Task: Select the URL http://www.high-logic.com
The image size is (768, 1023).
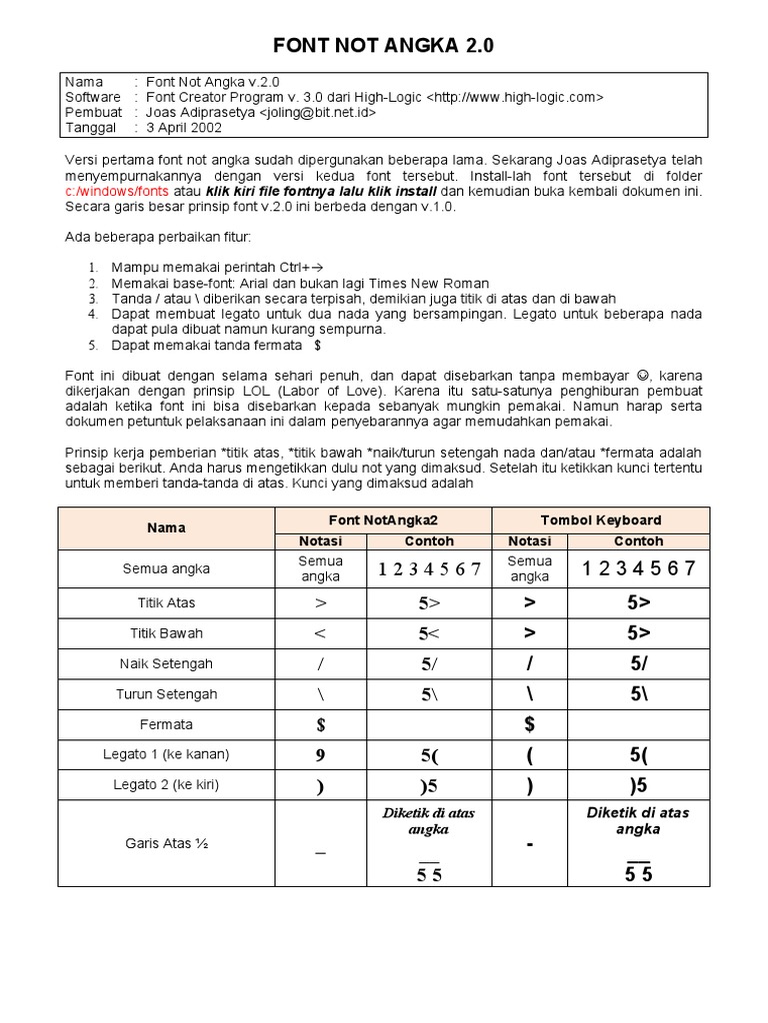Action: (x=514, y=97)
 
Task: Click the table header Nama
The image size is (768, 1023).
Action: (x=166, y=526)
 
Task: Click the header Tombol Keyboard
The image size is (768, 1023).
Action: (x=600, y=519)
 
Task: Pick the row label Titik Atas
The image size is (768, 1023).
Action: (x=166, y=602)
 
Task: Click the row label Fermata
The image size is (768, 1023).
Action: (x=166, y=723)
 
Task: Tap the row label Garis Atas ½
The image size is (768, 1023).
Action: (x=166, y=843)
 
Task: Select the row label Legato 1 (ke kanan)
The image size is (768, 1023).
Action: (x=166, y=754)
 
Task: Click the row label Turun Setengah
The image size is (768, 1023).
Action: (x=166, y=693)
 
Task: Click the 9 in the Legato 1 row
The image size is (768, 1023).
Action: (x=321, y=754)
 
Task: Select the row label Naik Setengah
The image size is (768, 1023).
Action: (x=166, y=663)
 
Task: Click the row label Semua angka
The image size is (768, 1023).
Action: (x=166, y=568)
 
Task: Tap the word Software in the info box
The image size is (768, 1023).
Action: (x=93, y=97)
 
